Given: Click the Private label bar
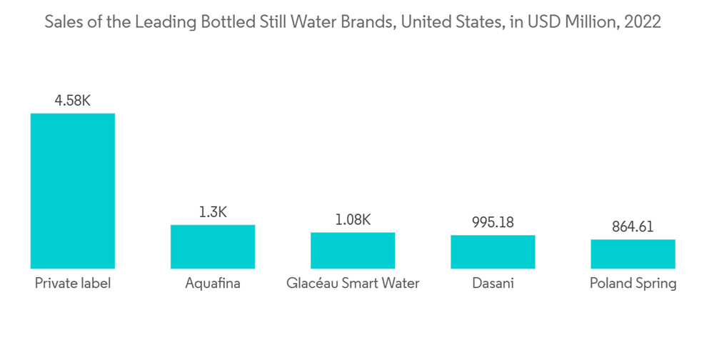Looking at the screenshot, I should (x=73, y=190).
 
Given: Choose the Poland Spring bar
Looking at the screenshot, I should (x=633, y=254).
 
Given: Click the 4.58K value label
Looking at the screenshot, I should (x=73, y=101).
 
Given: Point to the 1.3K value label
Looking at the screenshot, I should (x=213, y=212).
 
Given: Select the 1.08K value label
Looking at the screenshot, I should (x=353, y=219).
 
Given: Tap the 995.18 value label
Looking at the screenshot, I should (x=493, y=222).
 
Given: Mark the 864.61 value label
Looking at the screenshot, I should (x=633, y=227).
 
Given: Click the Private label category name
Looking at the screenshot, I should (x=73, y=284).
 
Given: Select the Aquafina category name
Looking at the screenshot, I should (x=213, y=284).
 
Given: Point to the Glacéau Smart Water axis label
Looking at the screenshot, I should (x=353, y=284).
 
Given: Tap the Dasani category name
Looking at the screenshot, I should (x=493, y=284).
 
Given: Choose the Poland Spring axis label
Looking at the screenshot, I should (x=633, y=284).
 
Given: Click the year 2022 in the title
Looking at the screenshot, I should (x=642, y=22).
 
